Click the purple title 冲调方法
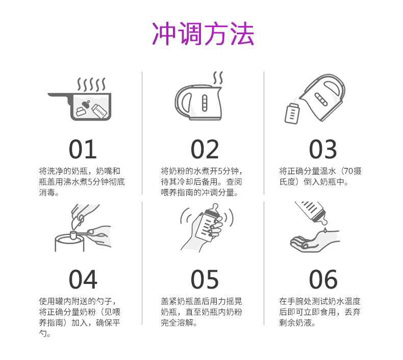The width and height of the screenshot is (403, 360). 203,34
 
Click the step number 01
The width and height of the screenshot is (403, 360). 83,149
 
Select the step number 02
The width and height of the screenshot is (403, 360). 205,149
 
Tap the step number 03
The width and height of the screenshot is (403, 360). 323,149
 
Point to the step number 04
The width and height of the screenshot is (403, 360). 83,279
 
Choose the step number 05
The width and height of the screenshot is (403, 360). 205,279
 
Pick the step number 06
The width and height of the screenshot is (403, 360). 323,279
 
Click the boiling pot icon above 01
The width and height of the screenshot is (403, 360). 80,99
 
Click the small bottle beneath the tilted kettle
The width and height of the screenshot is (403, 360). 292,113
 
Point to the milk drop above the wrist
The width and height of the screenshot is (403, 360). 325,230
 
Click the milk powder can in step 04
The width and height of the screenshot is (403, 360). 69,243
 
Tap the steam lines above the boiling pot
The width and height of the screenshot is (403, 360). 91,84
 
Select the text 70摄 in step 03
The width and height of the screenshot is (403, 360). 352,171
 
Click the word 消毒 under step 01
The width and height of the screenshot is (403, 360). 47,192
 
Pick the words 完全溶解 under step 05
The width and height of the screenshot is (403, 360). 177,322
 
